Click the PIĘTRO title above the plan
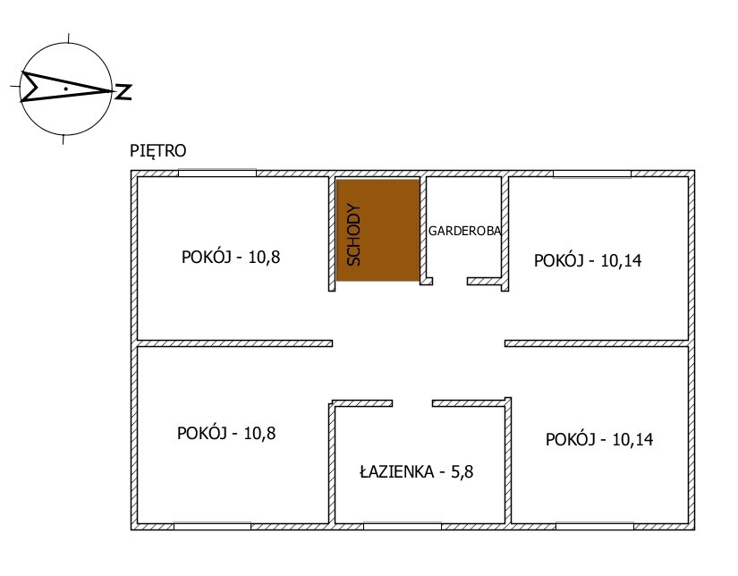click(158, 150)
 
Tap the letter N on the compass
click(123, 92)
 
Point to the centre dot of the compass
click(66, 89)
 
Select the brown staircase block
click(377, 230)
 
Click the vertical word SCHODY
click(354, 235)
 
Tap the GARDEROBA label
click(464, 231)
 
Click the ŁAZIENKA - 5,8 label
click(417, 471)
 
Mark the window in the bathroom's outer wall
click(403, 526)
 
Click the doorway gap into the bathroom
click(412, 403)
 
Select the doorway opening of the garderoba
click(449, 282)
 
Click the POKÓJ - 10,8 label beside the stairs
click(231, 257)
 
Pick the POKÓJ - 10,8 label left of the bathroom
click(226, 433)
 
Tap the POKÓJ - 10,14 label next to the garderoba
click(588, 260)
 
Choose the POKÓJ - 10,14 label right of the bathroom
click(599, 439)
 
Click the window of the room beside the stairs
click(217, 174)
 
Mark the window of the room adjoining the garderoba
click(592, 174)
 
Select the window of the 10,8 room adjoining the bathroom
click(212, 526)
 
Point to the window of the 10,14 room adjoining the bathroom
click(595, 526)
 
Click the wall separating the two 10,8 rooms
click(235, 343)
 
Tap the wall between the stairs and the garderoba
click(423, 231)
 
